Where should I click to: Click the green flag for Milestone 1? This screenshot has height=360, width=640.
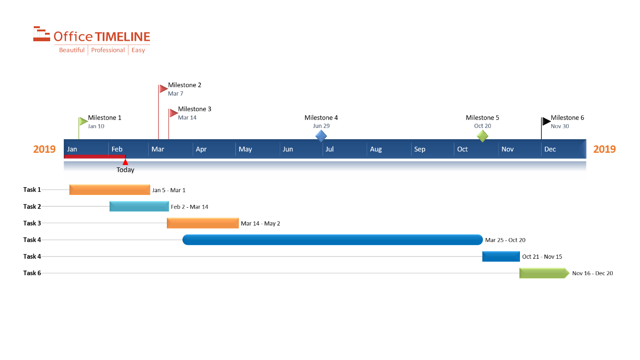click(x=83, y=121)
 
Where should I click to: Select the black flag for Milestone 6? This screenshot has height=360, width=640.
click(x=546, y=121)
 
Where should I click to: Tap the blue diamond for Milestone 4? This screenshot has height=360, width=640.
click(x=321, y=136)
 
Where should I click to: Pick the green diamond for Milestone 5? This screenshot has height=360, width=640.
click(x=482, y=136)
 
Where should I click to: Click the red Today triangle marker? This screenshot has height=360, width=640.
click(x=125, y=162)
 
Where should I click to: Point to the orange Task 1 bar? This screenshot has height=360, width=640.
click(x=110, y=190)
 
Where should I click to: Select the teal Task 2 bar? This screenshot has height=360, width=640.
click(x=139, y=206)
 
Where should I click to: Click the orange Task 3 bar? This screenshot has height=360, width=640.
click(x=203, y=223)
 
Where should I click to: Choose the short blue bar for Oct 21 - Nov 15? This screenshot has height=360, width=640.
click(x=501, y=256)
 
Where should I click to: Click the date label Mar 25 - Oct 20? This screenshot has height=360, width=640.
click(x=505, y=240)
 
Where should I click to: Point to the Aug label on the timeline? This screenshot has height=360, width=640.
click(x=376, y=150)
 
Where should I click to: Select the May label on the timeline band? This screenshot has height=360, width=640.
click(x=245, y=150)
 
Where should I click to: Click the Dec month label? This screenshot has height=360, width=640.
click(x=550, y=150)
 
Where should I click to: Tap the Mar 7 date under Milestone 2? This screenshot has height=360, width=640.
click(x=175, y=94)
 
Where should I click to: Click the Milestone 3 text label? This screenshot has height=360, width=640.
click(x=195, y=109)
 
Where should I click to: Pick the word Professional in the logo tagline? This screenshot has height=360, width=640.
click(x=108, y=50)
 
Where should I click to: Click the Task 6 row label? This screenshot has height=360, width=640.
click(x=32, y=273)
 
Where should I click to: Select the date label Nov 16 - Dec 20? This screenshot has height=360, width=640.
click(x=592, y=273)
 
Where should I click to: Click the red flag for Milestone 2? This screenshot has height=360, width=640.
click(x=163, y=89)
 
